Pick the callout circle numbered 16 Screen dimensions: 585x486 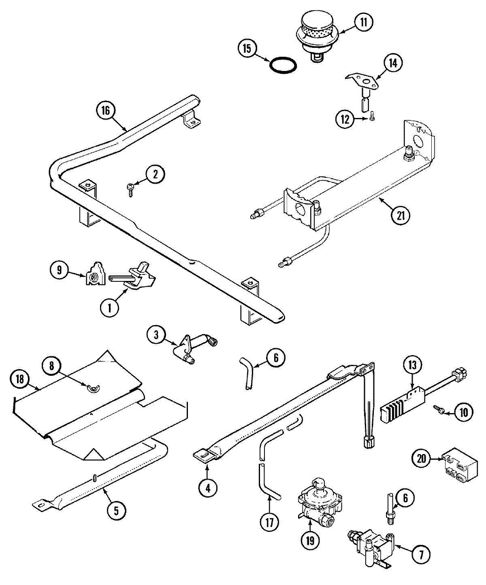[106, 111]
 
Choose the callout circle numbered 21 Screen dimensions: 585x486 [401, 215]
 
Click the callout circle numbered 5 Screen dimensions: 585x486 [116, 511]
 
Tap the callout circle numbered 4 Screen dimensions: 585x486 [207, 488]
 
